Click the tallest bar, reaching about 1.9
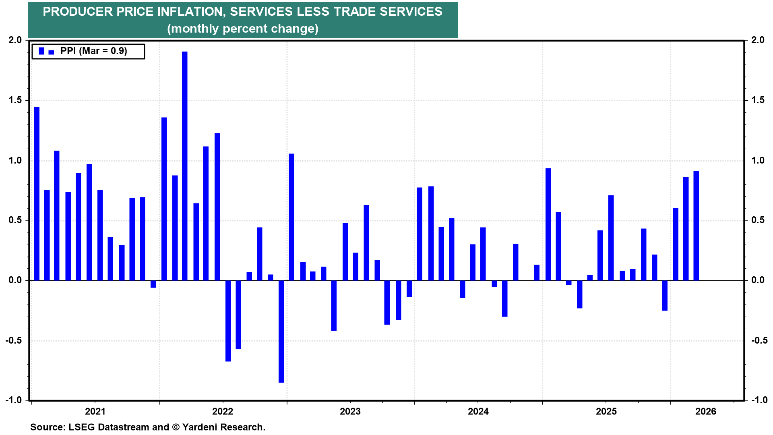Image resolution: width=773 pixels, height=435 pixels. click(x=184, y=165)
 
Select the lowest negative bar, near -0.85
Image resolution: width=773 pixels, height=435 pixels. click(x=281, y=331)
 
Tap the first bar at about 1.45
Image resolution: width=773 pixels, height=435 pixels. click(x=37, y=193)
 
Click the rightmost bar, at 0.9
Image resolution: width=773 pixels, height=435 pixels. click(x=696, y=226)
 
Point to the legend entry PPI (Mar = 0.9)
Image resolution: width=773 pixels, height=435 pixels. click(x=93, y=51)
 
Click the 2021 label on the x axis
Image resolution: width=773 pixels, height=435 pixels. click(x=95, y=411)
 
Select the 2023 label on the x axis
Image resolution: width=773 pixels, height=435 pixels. click(x=350, y=411)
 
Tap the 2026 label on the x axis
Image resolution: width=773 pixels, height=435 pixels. click(x=705, y=411)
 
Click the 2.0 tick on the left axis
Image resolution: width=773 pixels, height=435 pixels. click(x=15, y=40)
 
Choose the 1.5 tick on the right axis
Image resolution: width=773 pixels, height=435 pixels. click(x=758, y=100)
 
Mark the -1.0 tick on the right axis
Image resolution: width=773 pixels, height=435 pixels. click(x=759, y=400)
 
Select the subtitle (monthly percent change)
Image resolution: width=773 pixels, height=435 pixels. click(x=243, y=29)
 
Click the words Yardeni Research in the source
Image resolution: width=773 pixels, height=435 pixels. click(x=223, y=427)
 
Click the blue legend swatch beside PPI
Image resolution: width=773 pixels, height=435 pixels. click(x=41, y=51)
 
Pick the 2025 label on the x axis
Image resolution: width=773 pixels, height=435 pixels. click(x=606, y=411)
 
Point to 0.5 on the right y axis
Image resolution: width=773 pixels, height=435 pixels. click(x=758, y=220)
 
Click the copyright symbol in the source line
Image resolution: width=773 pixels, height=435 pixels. click(x=176, y=427)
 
